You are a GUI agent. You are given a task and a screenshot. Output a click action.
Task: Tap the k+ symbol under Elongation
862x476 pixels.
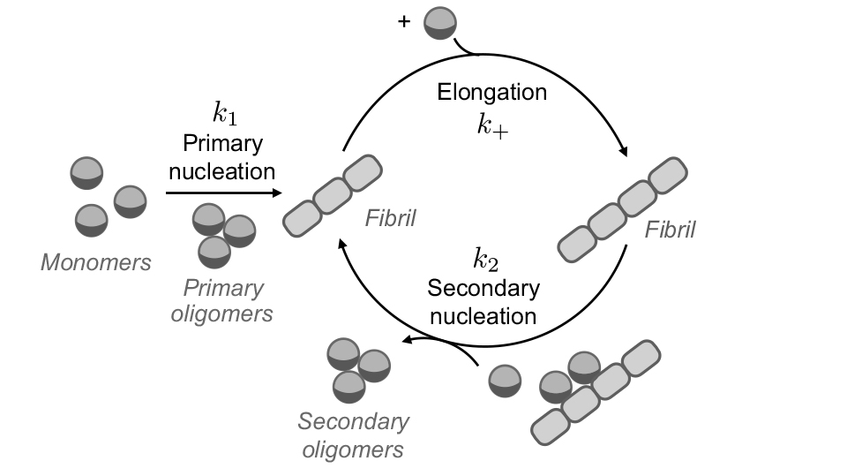(492, 125)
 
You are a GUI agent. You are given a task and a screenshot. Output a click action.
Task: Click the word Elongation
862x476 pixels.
(492, 92)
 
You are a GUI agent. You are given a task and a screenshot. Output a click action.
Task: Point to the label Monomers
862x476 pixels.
(96, 261)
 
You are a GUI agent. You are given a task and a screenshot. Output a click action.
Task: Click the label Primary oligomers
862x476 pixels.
(222, 300)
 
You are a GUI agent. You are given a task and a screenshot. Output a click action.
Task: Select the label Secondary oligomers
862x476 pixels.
(353, 435)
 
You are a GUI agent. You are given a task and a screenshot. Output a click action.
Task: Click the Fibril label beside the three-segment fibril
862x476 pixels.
(390, 217)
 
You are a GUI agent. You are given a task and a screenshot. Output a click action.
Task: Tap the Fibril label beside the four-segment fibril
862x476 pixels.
(670, 230)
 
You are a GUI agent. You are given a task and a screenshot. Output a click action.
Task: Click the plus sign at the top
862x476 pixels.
(404, 22)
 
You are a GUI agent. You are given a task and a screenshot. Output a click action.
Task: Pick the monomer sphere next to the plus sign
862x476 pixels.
(440, 22)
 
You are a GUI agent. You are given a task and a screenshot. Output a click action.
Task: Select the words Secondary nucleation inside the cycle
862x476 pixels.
(483, 301)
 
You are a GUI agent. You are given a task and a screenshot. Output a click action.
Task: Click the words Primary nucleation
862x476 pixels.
(222, 156)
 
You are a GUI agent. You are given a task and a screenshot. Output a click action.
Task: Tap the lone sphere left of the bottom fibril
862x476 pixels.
(505, 381)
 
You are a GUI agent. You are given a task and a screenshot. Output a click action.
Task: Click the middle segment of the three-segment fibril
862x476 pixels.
(331, 196)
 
